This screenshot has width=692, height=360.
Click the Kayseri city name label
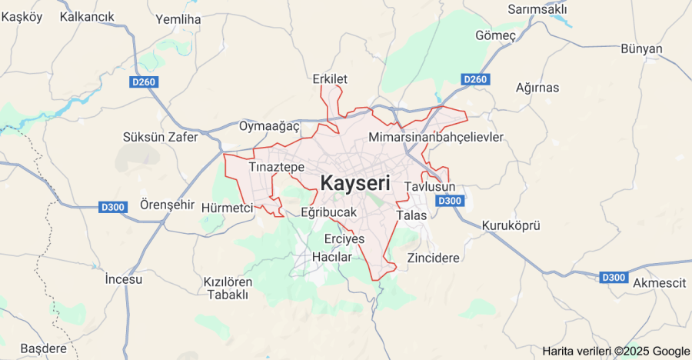point(354,184)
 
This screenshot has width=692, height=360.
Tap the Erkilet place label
point(331,79)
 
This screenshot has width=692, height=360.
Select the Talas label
point(411,215)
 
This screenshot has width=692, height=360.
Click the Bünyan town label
point(641,49)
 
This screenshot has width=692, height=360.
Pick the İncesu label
point(124,279)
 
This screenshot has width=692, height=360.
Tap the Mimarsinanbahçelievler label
point(436,137)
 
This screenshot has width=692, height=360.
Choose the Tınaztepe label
point(277,167)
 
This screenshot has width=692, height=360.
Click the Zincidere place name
point(434,258)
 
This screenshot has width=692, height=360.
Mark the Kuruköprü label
point(511,225)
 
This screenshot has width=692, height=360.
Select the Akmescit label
point(659,283)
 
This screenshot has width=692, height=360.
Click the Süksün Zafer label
point(161,137)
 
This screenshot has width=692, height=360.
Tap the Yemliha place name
point(178,19)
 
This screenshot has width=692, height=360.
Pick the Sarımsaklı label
point(537,9)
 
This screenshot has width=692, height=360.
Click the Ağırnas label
point(537,87)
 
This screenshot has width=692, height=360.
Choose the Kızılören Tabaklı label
point(227,288)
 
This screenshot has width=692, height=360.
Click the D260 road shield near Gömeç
point(475,79)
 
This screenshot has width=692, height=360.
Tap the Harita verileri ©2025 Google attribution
point(616,351)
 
